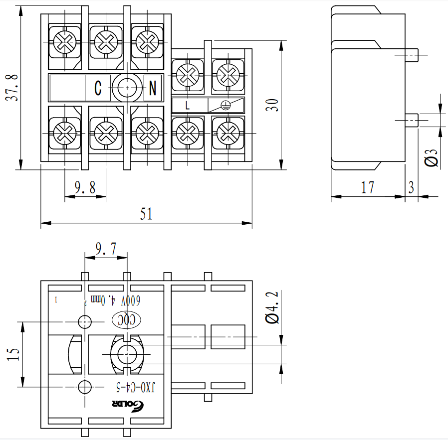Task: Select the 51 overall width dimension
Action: pyautogui.click(x=146, y=214)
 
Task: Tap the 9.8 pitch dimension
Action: pyautogui.click(x=85, y=187)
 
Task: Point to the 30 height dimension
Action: pyautogui.click(x=272, y=105)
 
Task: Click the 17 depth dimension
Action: pyautogui.click(x=367, y=187)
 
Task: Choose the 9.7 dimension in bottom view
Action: pyautogui.click(x=106, y=249)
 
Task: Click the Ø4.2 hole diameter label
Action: pyautogui.click(x=272, y=309)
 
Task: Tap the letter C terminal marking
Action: pyautogui.click(x=98, y=89)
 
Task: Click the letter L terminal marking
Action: pyautogui.click(x=188, y=105)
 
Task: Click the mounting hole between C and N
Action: pyautogui.click(x=128, y=88)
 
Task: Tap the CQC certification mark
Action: pyautogui.click(x=128, y=319)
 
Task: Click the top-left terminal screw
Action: pyautogui.click(x=64, y=40)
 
